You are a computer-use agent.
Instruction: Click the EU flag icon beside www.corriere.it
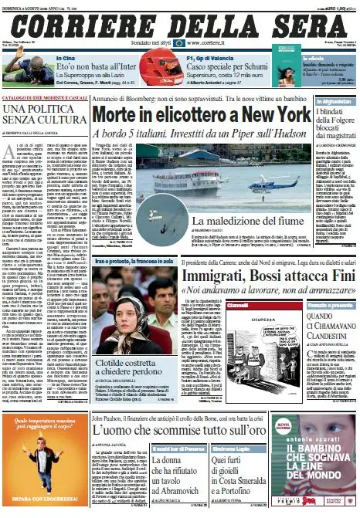tap(179, 44)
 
